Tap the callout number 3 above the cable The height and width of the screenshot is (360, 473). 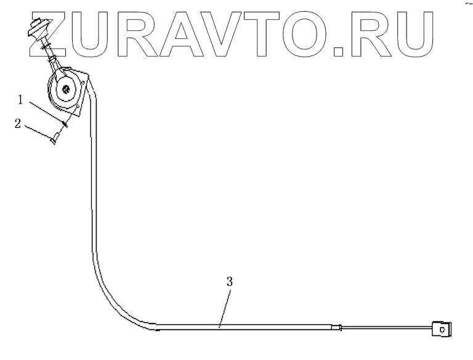(229, 282)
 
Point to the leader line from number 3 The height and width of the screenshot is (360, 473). (225, 306)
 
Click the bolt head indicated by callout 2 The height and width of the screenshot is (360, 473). (54, 142)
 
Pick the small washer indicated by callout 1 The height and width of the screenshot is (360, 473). (63, 125)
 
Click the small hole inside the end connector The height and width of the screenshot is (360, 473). (442, 330)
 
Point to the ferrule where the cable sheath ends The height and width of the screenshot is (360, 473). (336, 327)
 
